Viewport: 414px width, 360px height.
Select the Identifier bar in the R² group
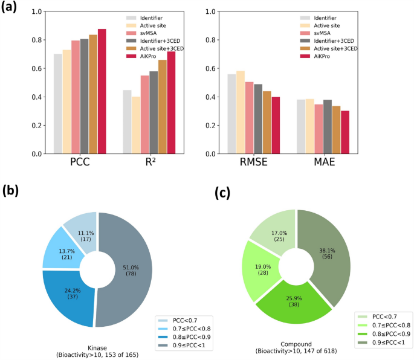128,122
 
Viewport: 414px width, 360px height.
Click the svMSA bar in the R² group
144,115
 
